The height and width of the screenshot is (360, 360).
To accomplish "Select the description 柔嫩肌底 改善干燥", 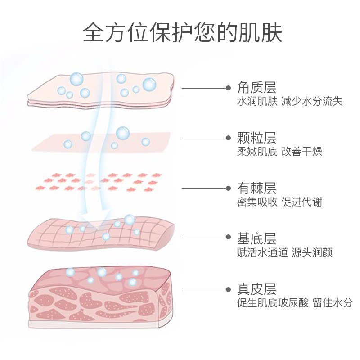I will point(279,152).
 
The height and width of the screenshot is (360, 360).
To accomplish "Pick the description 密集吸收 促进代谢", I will point(279,202).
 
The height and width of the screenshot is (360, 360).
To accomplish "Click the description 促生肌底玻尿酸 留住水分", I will point(295,303).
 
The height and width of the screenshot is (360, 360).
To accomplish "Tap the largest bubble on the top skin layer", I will point(149,84).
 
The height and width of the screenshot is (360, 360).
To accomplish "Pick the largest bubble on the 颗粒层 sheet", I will point(122,133).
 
